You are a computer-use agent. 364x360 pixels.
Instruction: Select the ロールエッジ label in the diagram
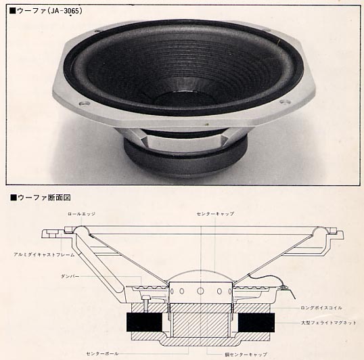point(78,213)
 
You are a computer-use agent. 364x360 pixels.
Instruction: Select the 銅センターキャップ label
point(251,353)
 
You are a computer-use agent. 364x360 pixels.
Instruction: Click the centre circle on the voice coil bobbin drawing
point(200,290)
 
